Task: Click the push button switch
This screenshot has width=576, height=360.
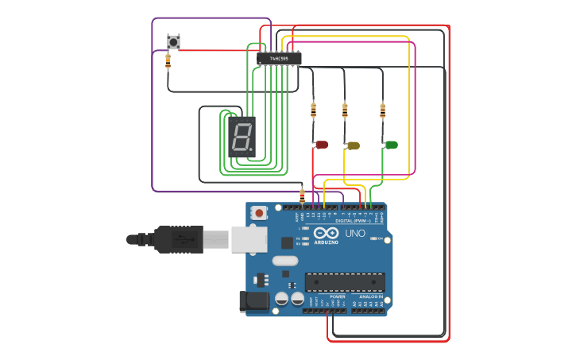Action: (x=173, y=41)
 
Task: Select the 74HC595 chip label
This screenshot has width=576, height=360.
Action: (x=279, y=58)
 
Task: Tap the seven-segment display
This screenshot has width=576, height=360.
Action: (x=242, y=135)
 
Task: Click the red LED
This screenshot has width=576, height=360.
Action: (x=322, y=145)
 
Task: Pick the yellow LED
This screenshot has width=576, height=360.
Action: (x=354, y=145)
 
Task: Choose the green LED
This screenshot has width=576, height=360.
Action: (x=391, y=145)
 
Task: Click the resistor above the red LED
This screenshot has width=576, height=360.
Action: (x=313, y=110)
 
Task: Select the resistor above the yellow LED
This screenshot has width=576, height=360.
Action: (x=345, y=110)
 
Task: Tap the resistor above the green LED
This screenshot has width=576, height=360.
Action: (x=382, y=110)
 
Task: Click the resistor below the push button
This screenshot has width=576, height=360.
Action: (x=168, y=61)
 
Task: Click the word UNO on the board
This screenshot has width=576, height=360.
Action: (x=355, y=234)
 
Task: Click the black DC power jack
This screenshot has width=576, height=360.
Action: (x=253, y=300)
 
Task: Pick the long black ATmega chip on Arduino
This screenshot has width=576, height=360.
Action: (x=345, y=282)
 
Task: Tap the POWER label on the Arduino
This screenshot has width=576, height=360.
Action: (x=327, y=296)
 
